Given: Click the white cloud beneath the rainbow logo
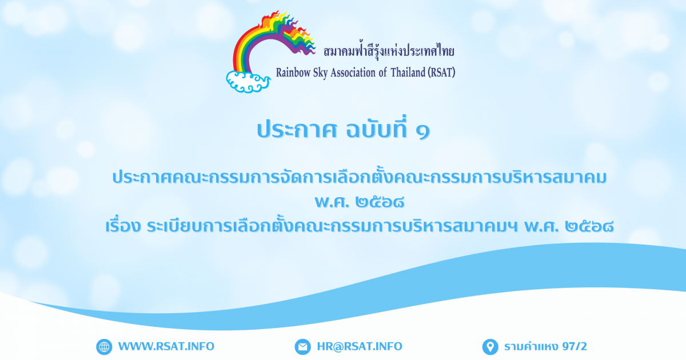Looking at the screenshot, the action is point(248,81).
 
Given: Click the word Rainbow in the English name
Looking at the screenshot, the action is point(293,73).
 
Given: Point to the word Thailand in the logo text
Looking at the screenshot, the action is point(408,72).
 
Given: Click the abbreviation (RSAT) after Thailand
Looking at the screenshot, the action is point(441,72).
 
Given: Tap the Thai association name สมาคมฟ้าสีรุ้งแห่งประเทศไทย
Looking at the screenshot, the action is point(389,51).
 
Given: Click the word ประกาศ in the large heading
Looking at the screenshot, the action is point(297,130).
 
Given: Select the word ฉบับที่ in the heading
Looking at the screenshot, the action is point(377,128).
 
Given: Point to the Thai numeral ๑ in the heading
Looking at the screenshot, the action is point(423,131).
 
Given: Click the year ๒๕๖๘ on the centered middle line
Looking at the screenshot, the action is point(380,202).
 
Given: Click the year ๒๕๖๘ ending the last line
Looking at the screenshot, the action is point(589,226).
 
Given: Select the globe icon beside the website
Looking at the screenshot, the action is point(104,347).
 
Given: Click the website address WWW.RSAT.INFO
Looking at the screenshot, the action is point(166,346).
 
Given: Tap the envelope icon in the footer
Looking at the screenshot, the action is point(302,347).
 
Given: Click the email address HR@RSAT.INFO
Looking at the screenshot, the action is point(360,346).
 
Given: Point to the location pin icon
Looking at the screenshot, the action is point(490,347).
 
